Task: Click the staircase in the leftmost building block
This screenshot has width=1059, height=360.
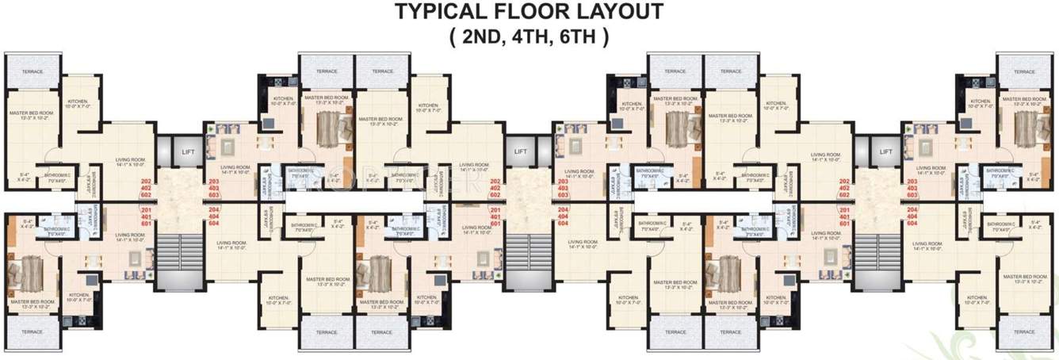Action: [x=172, y=259]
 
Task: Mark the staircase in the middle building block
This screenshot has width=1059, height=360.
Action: [x=521, y=259]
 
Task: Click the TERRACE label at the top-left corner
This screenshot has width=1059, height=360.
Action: [x=32, y=72]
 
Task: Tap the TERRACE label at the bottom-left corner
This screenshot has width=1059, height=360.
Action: [x=32, y=332]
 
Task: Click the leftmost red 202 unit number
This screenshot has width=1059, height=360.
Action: [x=145, y=182]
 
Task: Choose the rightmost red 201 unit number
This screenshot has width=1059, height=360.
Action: [x=844, y=210]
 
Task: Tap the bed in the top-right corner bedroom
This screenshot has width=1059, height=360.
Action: [x=1028, y=126]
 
